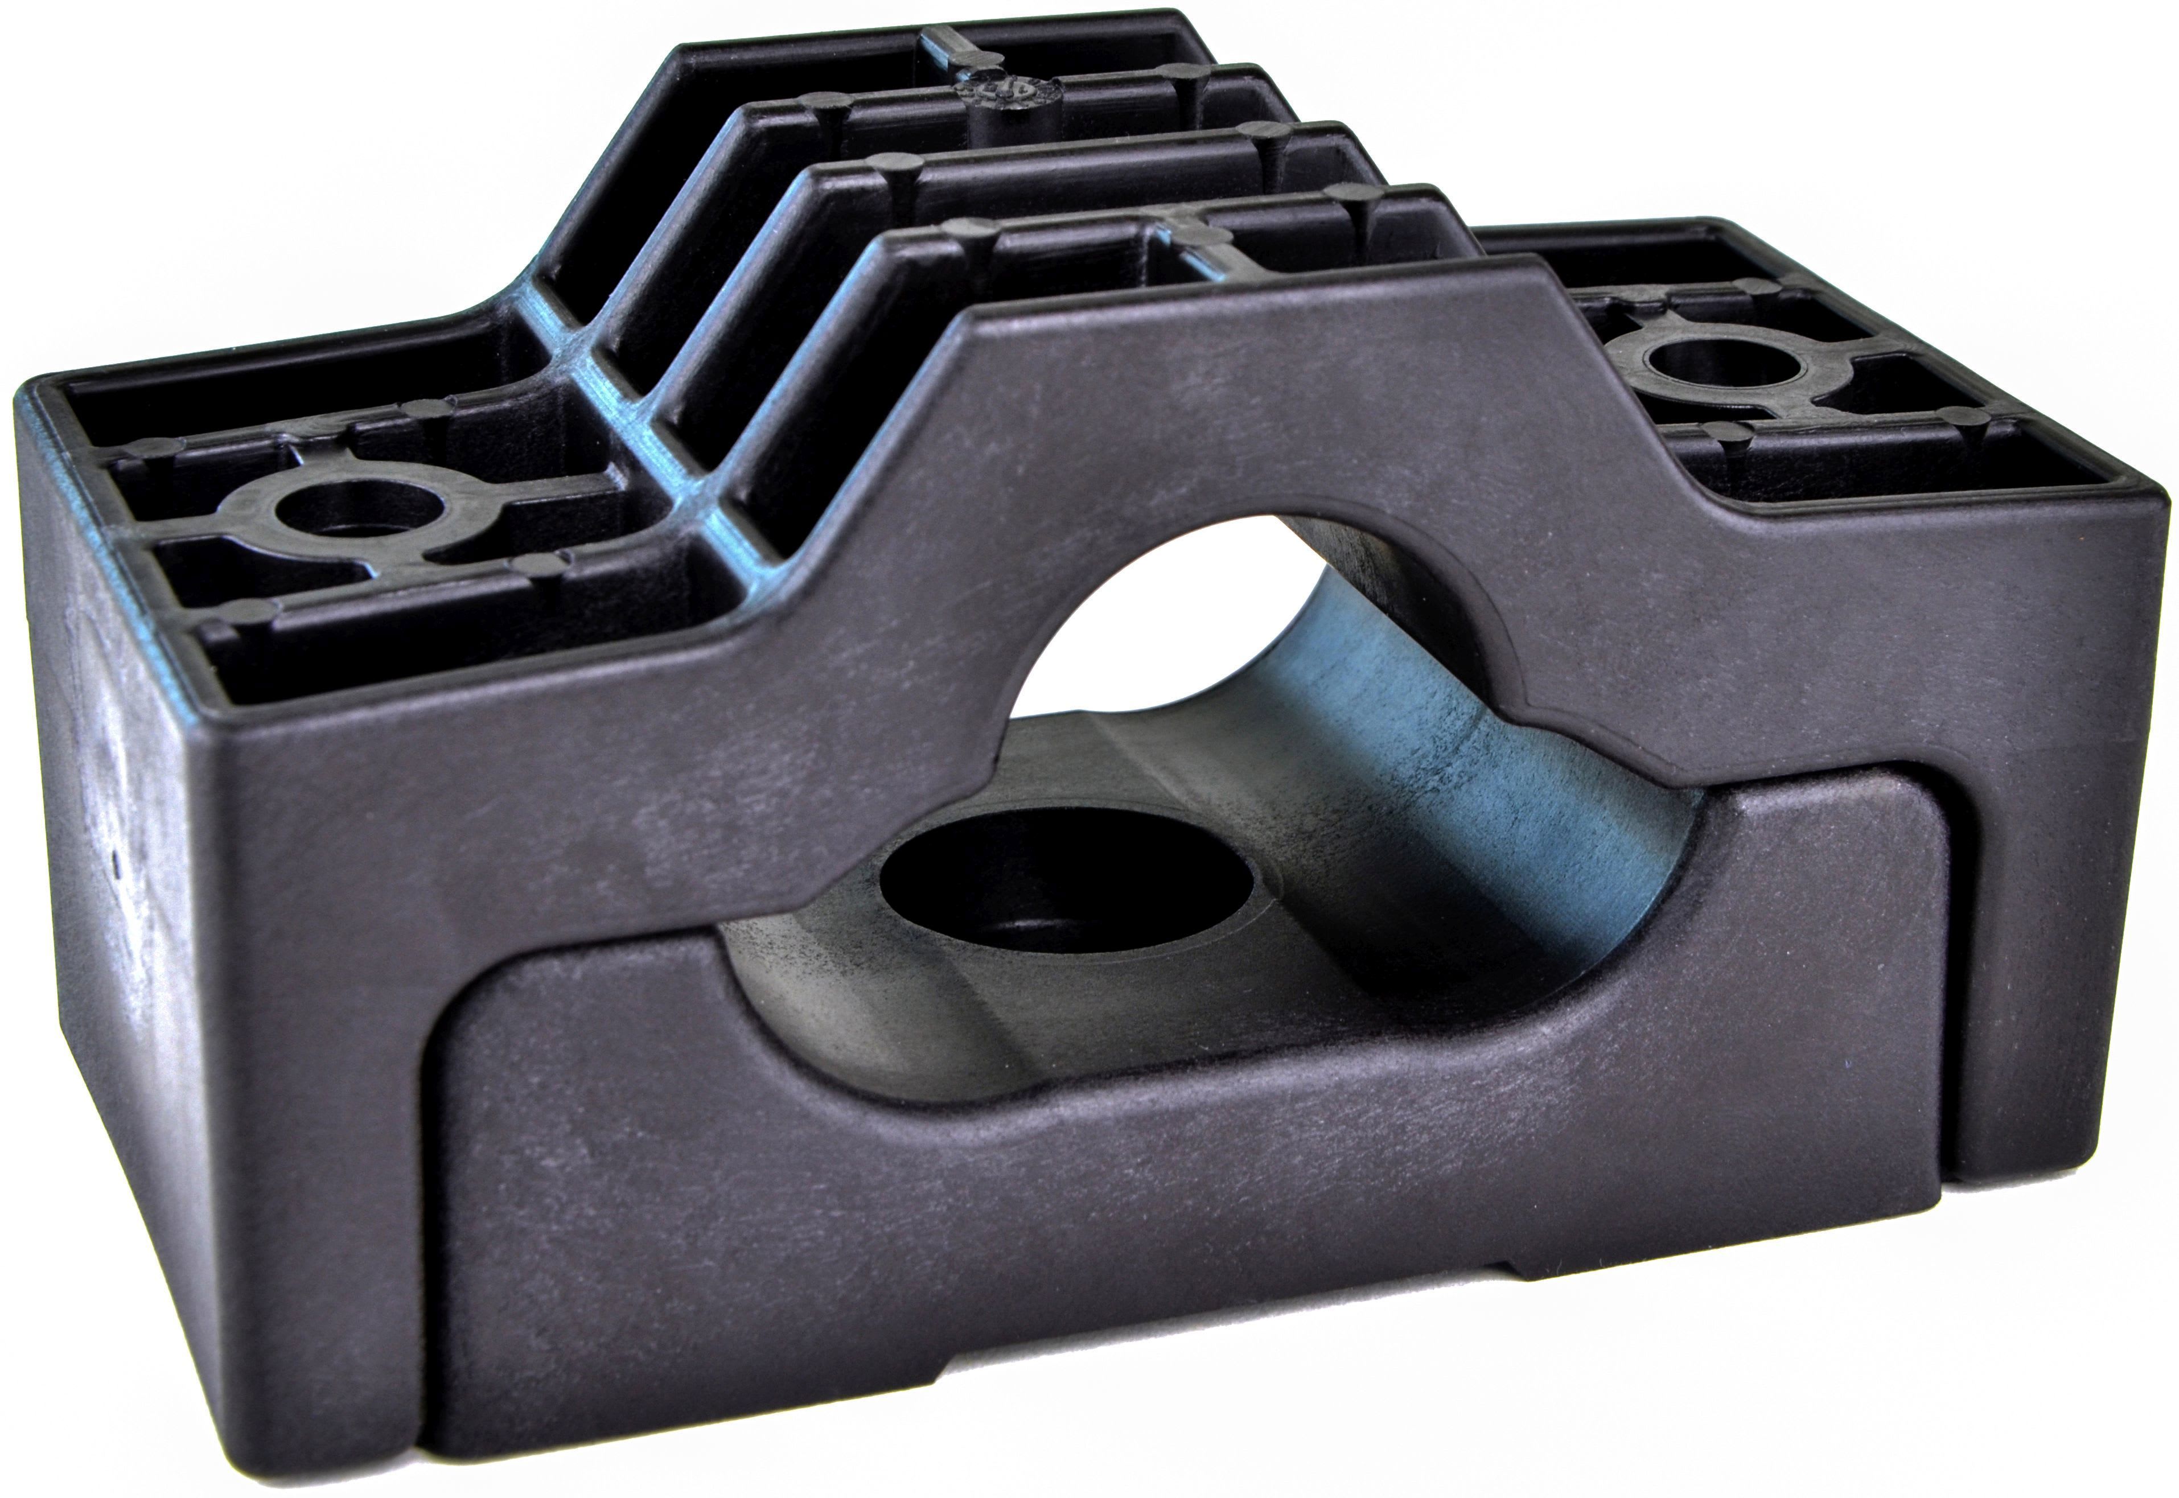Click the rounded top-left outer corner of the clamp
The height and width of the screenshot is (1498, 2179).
tap(33, 394)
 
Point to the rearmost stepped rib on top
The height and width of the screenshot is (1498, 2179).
tap(939, 47)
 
